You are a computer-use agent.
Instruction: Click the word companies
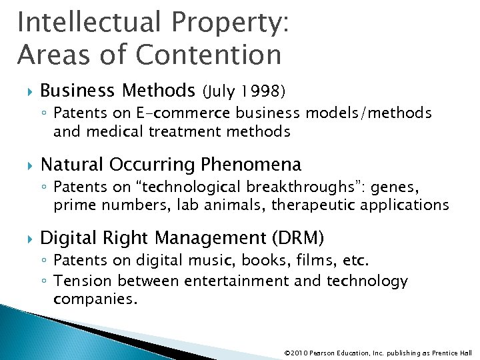(x=95, y=299)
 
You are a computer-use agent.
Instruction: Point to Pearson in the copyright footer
(x=322, y=351)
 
